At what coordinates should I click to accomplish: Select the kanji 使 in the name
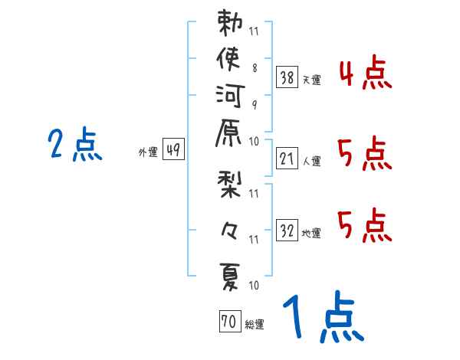(x=230, y=61)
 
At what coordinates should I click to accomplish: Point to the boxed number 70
(x=229, y=322)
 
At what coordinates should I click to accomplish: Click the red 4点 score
(x=366, y=75)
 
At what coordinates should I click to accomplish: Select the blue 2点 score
(x=75, y=144)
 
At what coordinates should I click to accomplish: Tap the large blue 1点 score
(x=322, y=318)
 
